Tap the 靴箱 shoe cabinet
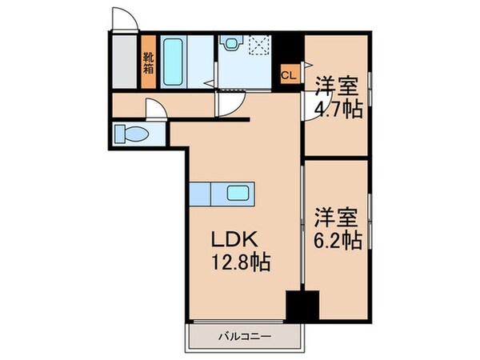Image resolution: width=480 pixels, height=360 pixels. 149,62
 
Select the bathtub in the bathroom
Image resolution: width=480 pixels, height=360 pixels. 174,62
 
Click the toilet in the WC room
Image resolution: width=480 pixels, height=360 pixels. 131,134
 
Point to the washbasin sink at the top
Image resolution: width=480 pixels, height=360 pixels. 231,42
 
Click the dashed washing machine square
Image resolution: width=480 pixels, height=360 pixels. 260,46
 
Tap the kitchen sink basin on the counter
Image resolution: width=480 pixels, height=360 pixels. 238,193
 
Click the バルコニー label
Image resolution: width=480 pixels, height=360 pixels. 245,337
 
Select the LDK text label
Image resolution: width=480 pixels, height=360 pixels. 234,239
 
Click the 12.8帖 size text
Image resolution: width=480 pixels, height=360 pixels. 241,262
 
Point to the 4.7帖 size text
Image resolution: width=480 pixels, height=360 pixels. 338,109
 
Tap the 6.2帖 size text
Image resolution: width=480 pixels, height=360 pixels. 338,241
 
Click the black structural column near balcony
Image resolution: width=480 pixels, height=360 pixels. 302,306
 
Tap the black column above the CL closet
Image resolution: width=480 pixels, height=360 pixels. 288,49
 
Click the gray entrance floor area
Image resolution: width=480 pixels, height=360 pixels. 124,62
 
